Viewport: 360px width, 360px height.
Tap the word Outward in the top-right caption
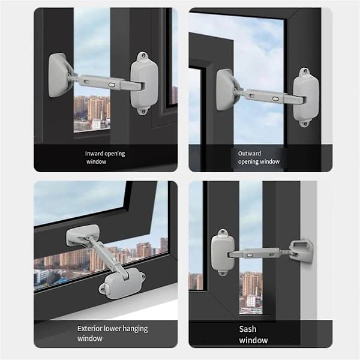point(250,154)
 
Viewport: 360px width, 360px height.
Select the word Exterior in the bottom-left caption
point(89,329)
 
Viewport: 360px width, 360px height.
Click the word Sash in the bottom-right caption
point(247,329)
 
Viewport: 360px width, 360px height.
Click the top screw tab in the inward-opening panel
point(143,56)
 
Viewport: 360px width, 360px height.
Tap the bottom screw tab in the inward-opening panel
point(142,111)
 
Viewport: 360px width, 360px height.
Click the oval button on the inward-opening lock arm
point(112,85)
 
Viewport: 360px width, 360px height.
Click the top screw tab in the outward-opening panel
point(305,71)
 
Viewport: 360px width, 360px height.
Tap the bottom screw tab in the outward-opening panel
point(304,123)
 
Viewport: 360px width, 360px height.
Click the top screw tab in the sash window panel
point(223,233)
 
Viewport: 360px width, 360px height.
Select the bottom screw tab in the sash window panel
point(222,272)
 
